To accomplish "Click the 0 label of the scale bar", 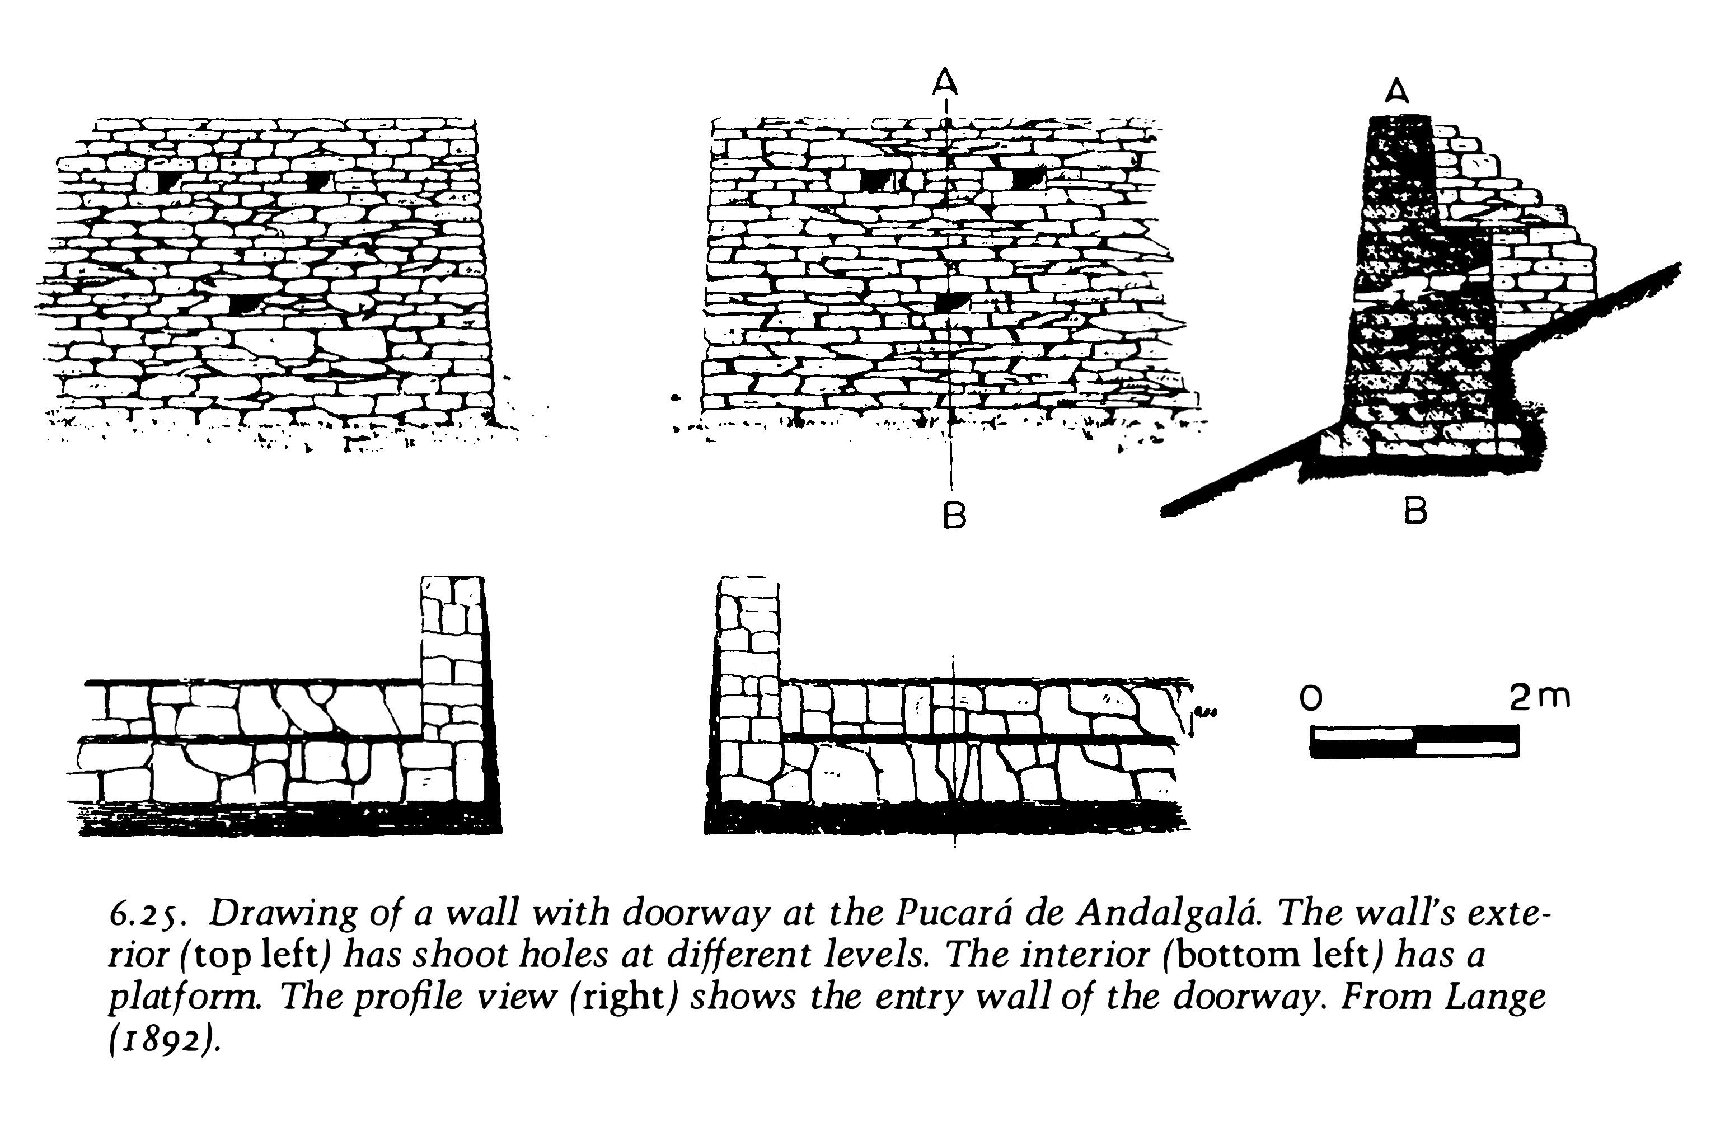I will point(1311,698).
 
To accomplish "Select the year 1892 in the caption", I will point(163,1041).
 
